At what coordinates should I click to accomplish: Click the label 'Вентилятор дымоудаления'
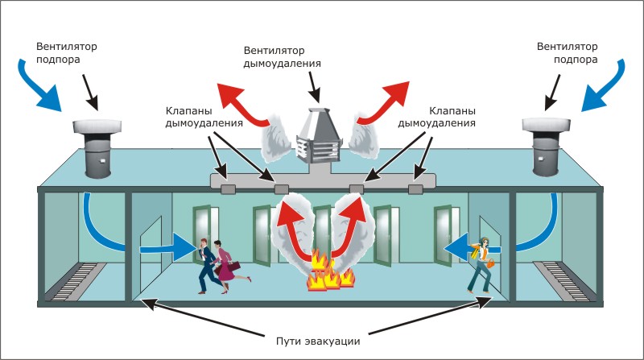pos(283,57)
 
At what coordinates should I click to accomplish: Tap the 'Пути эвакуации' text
pos(318,341)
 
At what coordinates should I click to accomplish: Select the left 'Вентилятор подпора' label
pos(67,52)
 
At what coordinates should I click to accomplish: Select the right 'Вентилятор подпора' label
pos(568,52)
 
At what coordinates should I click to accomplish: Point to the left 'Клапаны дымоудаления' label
pos(204,117)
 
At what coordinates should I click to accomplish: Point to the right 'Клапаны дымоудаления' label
pos(436,117)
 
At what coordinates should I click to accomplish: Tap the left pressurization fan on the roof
pos(97,148)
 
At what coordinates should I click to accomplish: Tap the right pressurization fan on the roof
pos(547,146)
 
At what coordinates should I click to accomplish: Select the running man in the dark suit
pos(206,266)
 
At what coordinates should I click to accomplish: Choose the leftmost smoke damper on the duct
pos(228,189)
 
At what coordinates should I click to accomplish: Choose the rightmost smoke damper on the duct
pos(415,189)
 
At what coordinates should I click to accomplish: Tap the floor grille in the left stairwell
pos(79,281)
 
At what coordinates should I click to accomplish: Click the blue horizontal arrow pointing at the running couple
pos(168,248)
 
